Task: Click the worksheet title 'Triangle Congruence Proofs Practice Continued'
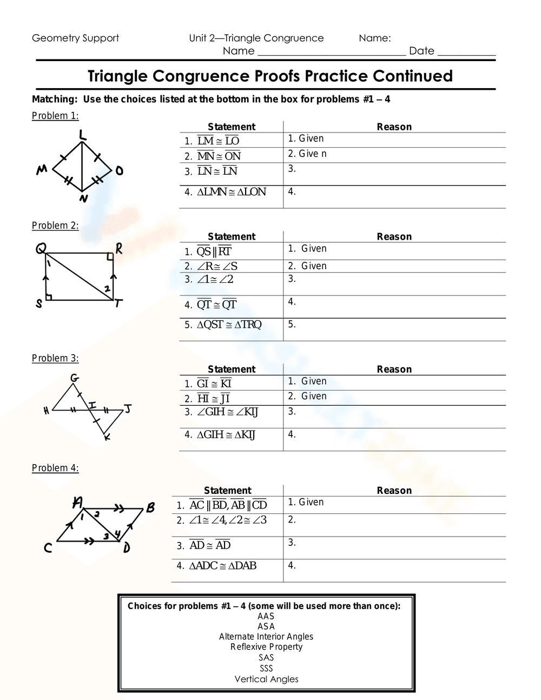click(x=270, y=76)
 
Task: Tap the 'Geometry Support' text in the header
click(x=75, y=38)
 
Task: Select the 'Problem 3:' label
click(x=55, y=358)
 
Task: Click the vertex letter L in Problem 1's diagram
click(x=82, y=135)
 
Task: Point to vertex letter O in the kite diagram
click(x=119, y=171)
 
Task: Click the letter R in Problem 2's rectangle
click(x=118, y=248)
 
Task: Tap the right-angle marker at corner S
click(x=48, y=296)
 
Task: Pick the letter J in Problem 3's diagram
click(x=128, y=408)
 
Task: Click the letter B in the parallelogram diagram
click(x=150, y=507)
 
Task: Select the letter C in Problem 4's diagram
click(x=48, y=549)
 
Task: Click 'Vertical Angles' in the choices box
click(x=266, y=679)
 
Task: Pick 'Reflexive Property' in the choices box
click(x=266, y=647)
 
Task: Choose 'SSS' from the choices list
click(x=266, y=669)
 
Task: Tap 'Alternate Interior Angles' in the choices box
click(x=266, y=637)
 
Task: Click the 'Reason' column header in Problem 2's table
click(x=394, y=236)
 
